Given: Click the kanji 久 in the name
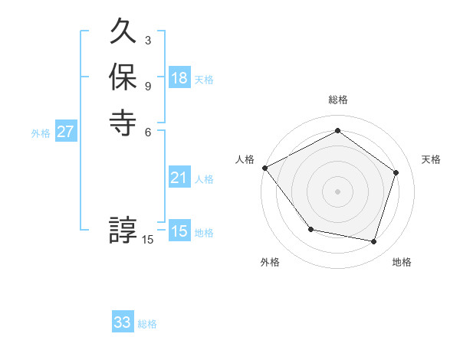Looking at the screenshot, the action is pos(123,32).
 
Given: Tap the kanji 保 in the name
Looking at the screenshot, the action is pos(123,77).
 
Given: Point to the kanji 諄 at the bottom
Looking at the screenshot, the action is pos(123,230).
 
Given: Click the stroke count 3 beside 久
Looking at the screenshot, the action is pos(147,40).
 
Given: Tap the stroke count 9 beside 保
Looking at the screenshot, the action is pos(147,85).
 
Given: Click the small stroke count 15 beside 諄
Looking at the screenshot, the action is pos(148,240).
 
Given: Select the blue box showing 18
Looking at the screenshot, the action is pos(179,79).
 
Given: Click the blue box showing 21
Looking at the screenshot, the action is pos(179,178).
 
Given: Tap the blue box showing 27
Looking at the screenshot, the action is pos(66,132).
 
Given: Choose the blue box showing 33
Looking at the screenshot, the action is pos(123,322).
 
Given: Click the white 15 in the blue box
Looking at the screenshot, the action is pos(179,231).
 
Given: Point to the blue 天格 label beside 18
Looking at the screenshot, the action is pos(204,80).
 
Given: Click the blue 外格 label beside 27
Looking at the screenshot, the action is pos(41,133).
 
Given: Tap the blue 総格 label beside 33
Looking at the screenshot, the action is pos(147,324).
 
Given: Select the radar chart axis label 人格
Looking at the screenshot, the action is pos(245,159).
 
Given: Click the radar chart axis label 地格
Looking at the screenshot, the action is pos(402,262).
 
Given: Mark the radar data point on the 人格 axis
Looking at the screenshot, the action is pos(265,168).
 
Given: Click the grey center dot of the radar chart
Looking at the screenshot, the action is pos(337,191).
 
